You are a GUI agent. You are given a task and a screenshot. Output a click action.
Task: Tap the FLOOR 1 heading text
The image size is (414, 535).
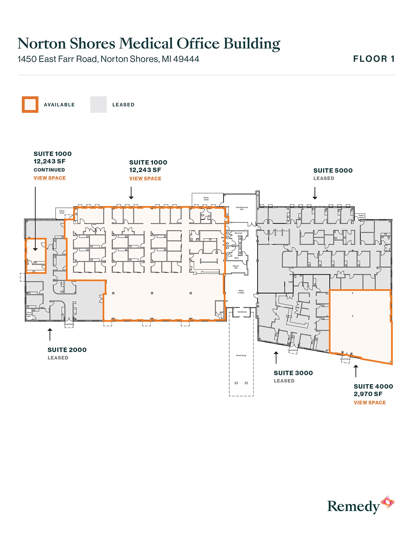tap(374, 59)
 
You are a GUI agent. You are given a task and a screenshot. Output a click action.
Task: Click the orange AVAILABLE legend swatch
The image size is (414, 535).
tap(30, 105)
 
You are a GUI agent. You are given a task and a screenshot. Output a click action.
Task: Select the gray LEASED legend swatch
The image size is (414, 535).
tap(98, 105)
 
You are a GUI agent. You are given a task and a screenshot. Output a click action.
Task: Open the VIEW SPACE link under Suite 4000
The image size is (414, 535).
tap(370, 402)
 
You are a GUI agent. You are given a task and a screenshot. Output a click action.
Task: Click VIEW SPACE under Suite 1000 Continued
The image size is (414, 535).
tap(50, 178)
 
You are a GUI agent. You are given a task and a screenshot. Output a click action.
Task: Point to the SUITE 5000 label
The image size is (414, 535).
tap(333, 171)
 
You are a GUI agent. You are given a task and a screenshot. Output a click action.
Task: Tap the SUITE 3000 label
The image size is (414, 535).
tap(293, 373)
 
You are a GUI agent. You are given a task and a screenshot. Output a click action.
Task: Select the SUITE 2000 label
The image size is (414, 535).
tap(67, 350)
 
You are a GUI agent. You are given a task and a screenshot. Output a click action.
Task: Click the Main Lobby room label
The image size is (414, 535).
tap(241, 292)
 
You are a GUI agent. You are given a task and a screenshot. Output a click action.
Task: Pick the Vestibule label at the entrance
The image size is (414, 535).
tap(242, 312)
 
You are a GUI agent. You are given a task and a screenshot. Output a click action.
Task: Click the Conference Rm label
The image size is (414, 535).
tap(242, 208)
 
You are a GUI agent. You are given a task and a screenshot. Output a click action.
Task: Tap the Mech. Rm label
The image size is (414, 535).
tap(236, 267)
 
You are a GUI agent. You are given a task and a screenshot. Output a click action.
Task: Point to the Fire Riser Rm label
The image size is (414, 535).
tap(29, 315)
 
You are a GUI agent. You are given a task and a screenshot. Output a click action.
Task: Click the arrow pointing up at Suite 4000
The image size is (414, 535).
tap(356, 371)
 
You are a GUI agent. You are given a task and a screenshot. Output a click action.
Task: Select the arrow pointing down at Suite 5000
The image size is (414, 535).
tap(315, 193)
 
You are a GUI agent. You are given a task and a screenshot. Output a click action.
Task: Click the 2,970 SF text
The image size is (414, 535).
tap(368, 394)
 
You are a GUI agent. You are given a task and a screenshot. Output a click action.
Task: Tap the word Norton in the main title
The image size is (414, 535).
tap(42, 43)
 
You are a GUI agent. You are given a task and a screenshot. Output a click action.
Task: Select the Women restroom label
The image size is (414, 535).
tap(239, 233)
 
